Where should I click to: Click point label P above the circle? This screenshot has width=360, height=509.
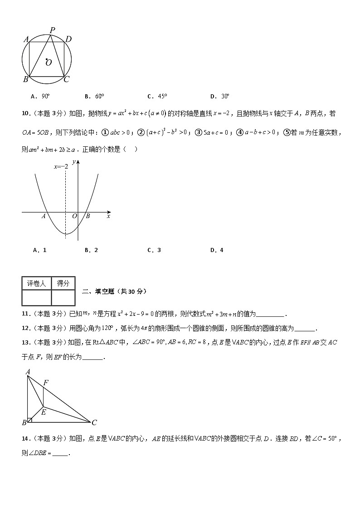pos(53,30)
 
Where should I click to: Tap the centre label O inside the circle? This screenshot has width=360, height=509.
pos(49,63)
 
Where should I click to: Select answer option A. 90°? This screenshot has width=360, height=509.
pos(40,96)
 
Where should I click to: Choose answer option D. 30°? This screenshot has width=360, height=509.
pos(220,96)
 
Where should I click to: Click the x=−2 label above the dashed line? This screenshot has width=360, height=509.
pos(61,167)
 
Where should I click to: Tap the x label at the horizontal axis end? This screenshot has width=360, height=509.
pos(108,216)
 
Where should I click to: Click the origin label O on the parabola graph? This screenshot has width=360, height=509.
pos(74,216)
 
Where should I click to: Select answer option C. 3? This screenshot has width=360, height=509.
pos(155,250)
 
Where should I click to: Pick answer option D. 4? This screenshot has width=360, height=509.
pos(217,250)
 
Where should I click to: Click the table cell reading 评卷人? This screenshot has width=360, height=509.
pos(36,283)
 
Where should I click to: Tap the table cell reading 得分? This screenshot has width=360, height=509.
pos(63,283)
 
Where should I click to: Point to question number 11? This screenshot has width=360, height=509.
pos(25,314)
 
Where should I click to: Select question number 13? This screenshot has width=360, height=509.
pos(25,343)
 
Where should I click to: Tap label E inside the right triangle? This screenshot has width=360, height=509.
pos(44,412)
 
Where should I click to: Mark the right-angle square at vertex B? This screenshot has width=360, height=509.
pos(29,420)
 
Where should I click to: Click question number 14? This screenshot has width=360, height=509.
pos(25,438)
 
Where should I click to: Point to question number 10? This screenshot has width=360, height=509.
pos(25,113)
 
